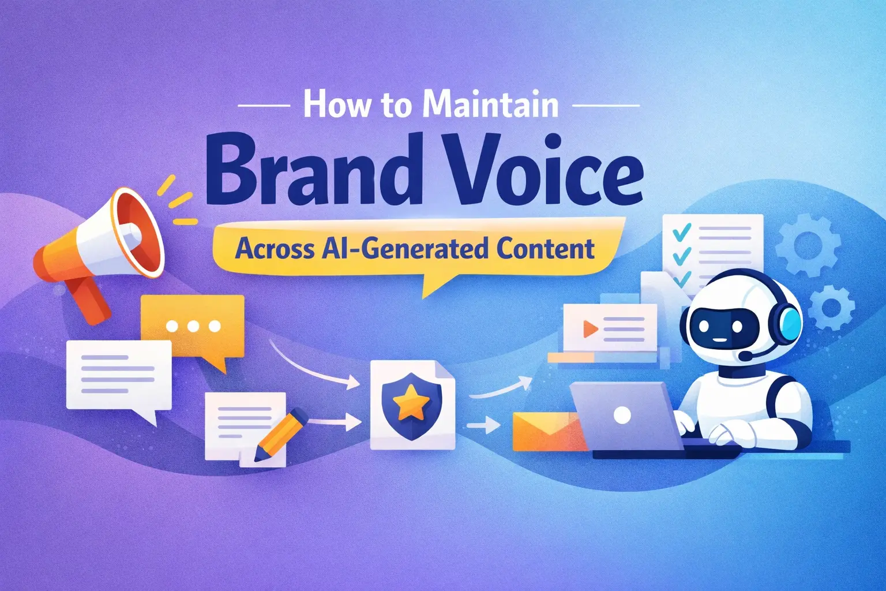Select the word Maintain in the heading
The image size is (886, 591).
[x=490, y=105]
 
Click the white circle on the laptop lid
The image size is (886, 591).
[x=622, y=415]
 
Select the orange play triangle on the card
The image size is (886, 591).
[x=590, y=329]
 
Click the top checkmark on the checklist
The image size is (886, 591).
[x=682, y=231]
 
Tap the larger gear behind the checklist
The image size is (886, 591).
[x=808, y=245]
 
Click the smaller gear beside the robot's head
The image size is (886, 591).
[x=831, y=306]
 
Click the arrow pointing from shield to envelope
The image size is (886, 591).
[x=483, y=426]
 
